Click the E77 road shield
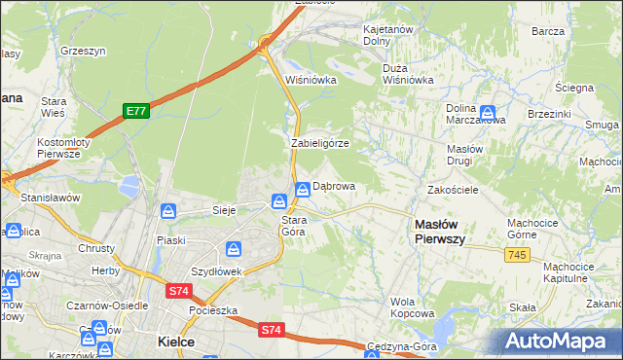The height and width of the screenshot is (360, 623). (x=136, y=112)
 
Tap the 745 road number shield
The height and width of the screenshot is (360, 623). (x=518, y=254)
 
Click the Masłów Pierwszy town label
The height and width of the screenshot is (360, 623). (x=440, y=231)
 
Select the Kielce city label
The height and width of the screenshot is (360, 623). (x=176, y=342)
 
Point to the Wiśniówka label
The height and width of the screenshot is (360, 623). (x=311, y=80)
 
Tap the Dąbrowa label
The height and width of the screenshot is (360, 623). (x=334, y=186)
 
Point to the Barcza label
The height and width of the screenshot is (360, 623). (x=549, y=31)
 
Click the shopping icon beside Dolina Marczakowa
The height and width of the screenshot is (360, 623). (x=487, y=112)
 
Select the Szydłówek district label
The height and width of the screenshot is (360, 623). (x=215, y=271)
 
